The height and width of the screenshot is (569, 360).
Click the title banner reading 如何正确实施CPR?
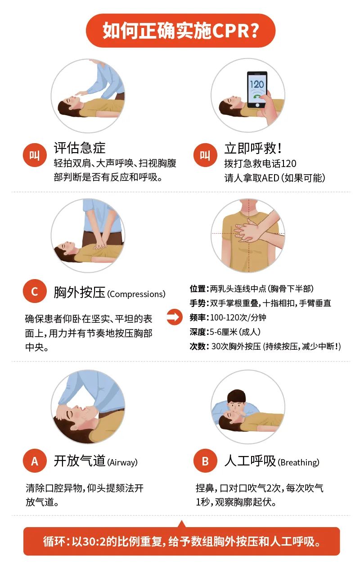coord(180,30)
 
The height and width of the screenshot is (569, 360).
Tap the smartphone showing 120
coord(257,89)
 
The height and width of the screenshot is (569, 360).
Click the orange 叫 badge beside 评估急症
coord(35,156)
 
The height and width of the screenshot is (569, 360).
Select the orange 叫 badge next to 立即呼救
coord(205,156)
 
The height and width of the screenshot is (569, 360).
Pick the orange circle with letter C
coord(35,291)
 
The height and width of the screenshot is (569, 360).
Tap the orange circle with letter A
coord(35,461)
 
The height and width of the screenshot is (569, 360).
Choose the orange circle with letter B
coord(205,461)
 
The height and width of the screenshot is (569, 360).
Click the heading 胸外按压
coord(79,292)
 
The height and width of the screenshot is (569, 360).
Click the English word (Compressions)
coord(136,294)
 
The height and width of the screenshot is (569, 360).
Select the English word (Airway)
coord(122,462)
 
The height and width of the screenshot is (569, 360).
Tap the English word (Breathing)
coord(298,462)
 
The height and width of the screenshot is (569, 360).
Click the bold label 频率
coord(198,317)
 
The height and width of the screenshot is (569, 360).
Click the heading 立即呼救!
coord(253,148)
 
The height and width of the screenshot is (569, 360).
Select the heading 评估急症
coord(80,148)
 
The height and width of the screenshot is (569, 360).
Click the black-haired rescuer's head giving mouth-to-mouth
coord(236,400)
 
